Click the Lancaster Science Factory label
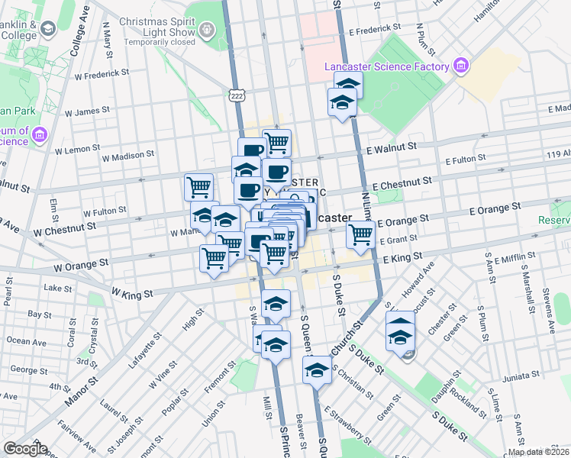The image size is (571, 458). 386,66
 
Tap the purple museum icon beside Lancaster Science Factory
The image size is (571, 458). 460,66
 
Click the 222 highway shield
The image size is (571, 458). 234,93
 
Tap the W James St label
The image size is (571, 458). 87,111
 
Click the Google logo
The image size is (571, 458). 25,449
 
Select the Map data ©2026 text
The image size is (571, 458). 539,452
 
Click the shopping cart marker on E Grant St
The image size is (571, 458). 360,235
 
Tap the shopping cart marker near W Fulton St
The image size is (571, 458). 198,187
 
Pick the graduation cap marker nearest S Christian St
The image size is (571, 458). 315,372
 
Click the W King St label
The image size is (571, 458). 132,292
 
